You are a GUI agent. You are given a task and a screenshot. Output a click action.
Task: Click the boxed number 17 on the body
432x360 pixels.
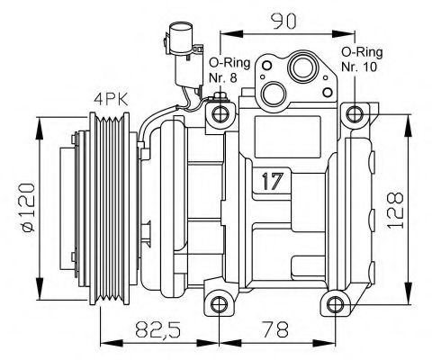click(x=272, y=181)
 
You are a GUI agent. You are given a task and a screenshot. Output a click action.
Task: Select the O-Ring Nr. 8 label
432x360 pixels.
click(x=225, y=70)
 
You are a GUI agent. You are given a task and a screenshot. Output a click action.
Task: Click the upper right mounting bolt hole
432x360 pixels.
click(x=357, y=114)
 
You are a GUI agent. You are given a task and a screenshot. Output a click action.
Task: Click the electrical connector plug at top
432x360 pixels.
click(x=175, y=46)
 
